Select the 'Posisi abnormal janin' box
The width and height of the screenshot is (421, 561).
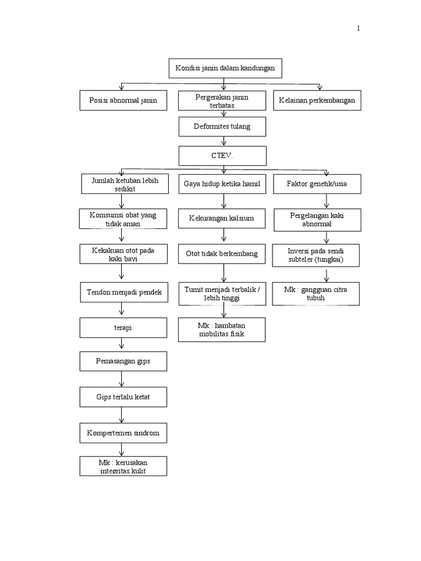coord(123,100)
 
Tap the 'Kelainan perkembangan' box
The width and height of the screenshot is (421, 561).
coord(317,100)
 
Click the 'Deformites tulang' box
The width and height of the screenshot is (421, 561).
coord(222,127)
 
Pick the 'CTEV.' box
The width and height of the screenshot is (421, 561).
coord(222,156)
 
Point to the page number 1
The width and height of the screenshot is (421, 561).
coord(359,29)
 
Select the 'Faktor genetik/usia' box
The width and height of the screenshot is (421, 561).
coord(317,184)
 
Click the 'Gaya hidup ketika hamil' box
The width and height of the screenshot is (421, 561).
coord(222,184)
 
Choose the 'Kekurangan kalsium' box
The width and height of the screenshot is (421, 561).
coord(222,219)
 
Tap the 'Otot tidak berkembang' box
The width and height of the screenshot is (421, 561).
coord(222,254)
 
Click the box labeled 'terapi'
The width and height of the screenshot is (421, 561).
coord(123,328)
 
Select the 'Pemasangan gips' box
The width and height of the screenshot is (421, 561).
coord(123,362)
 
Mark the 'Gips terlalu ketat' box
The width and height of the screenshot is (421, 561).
coord(123,397)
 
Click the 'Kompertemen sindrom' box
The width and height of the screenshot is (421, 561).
coord(123,433)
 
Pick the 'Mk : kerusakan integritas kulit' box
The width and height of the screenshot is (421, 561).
coord(123,466)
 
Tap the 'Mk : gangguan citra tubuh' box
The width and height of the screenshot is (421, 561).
coord(317,293)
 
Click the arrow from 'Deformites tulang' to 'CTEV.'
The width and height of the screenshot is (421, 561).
coord(223,141)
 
